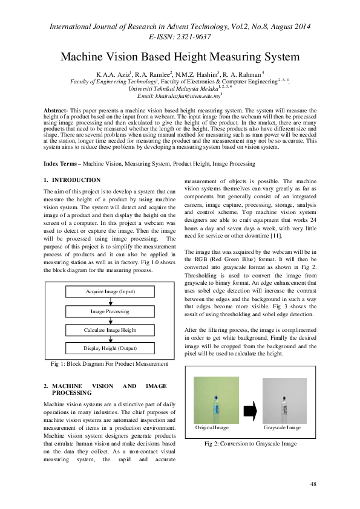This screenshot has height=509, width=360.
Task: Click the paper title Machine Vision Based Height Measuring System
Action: click(180, 57)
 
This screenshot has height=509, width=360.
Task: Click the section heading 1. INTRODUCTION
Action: click(73, 180)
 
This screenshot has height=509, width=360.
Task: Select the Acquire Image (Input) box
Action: click(110, 292)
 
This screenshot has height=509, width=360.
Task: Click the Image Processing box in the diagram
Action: click(110, 311)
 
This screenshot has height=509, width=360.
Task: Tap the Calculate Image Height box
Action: click(110, 330)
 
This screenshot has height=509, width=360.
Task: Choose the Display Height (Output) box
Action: click(110, 349)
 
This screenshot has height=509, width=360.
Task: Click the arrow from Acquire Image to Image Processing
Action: click(110, 302)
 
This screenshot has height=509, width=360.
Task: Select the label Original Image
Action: click(212, 427)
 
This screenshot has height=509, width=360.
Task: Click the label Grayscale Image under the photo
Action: click(282, 427)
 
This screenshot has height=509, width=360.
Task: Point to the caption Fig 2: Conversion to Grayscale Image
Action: click(250, 443)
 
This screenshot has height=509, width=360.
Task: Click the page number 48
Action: click(313, 484)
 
